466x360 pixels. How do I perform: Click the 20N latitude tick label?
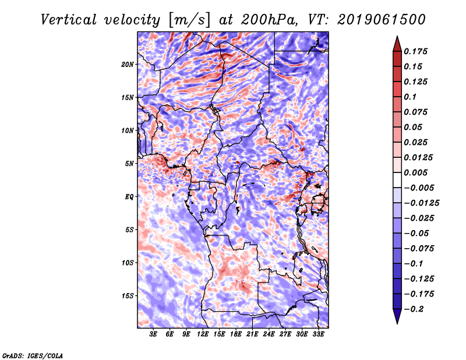tap(128, 65)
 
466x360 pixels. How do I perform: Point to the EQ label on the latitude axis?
tap(129, 197)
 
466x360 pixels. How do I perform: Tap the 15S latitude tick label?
tap(128, 296)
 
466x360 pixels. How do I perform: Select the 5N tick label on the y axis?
tap(129, 164)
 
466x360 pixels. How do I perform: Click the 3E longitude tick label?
tap(153, 334)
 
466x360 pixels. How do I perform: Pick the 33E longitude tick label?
tap(318, 334)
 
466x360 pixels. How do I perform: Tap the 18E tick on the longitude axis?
tap(236, 334)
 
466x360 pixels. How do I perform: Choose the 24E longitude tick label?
tap(269, 334)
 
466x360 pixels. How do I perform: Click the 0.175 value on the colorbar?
tap(415, 51)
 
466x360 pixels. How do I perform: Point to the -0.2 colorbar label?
tap(414, 309)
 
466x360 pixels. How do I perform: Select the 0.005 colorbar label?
tap(415, 172)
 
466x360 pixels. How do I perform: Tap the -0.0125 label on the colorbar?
tap(421, 203)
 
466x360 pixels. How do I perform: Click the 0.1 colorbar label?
tap(410, 97)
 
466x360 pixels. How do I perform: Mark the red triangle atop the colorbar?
tap(397, 44)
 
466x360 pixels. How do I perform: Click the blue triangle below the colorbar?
tap(397, 316)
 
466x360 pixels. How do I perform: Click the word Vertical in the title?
tap(69, 20)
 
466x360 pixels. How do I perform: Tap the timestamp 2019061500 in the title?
tap(382, 20)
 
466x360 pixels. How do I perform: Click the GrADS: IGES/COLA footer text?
tap(33, 356)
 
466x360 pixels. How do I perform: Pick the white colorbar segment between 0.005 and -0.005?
tap(397, 180)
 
